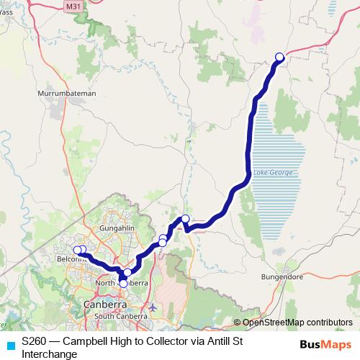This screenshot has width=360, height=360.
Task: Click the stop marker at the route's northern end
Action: point(279,57)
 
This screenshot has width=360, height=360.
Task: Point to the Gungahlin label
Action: point(118,228)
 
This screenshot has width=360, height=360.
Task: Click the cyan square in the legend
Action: point(9,345)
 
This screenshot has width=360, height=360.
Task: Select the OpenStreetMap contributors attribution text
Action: point(297,322)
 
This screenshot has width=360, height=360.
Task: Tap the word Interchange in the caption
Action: point(50,354)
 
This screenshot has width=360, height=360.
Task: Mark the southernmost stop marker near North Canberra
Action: point(123,284)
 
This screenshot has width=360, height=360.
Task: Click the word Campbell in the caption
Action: point(84,341)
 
